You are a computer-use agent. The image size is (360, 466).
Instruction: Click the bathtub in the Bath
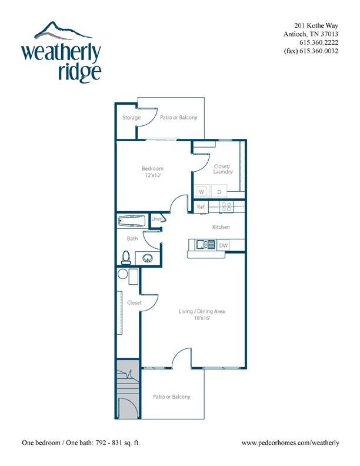pyautogui.click(x=132, y=221)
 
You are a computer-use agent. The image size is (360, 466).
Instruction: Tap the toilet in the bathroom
pyautogui.click(x=126, y=258)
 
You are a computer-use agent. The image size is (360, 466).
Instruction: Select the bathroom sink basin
pyautogui.click(x=148, y=258)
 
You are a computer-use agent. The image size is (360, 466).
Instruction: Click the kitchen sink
pyautogui.click(x=205, y=245)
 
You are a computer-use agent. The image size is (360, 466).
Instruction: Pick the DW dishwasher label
pyautogui.click(x=224, y=245)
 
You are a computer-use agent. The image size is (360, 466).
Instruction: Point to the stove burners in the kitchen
pyautogui.click(x=226, y=207)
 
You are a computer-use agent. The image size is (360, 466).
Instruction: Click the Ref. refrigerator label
pyautogui.click(x=201, y=207)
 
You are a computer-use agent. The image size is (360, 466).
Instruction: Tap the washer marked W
pyautogui.click(x=202, y=191)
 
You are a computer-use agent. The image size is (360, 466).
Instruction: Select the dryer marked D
pyautogui.click(x=219, y=191)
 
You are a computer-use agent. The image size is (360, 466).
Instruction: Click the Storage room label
pyautogui.click(x=132, y=118)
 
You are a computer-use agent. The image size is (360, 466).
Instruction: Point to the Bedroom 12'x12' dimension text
pyautogui.click(x=153, y=175)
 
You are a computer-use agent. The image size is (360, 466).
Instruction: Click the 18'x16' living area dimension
pyautogui.click(x=202, y=318)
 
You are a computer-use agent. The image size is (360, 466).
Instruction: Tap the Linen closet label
pyautogui.click(x=157, y=219)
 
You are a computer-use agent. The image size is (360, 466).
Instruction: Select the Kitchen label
pyautogui.click(x=221, y=227)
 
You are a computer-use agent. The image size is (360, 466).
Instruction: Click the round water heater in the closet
pyautogui.click(x=122, y=274)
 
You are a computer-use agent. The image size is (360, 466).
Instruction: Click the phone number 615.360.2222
pyautogui.click(x=319, y=42)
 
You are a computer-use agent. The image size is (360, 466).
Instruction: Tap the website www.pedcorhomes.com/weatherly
pyautogui.click(x=290, y=443)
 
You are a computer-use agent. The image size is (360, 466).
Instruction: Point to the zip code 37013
pyautogui.click(x=329, y=34)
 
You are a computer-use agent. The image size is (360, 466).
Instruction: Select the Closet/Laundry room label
pyautogui.click(x=223, y=169)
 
